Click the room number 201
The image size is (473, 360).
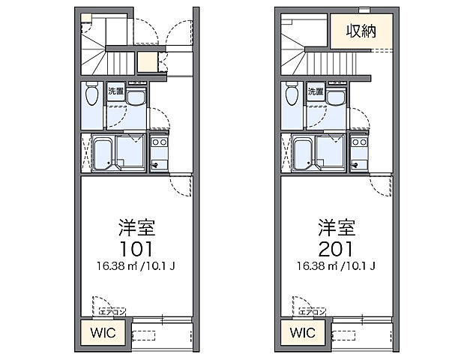point(336,248)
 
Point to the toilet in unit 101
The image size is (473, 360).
point(91,96)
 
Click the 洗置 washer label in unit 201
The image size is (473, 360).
point(316,91)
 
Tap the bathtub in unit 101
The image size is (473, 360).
point(103,153)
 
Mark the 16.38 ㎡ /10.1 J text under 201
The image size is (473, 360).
point(336,265)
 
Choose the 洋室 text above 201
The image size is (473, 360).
point(336,227)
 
